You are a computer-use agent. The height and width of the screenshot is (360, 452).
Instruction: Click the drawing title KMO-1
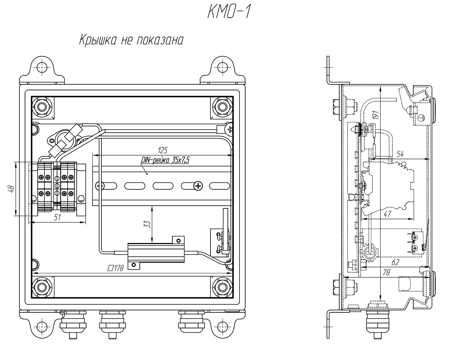(x=229, y=13)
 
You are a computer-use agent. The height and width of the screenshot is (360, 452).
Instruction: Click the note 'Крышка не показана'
(x=131, y=40)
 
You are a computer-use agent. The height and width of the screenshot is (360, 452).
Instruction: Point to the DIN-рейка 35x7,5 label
(x=165, y=160)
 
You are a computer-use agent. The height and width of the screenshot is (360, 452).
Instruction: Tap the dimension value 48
(x=11, y=189)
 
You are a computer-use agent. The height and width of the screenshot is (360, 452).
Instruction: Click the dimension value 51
(x=57, y=218)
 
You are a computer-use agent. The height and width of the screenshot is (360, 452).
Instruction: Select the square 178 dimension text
(x=115, y=268)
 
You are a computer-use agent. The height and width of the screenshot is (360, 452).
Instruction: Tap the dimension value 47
(x=387, y=214)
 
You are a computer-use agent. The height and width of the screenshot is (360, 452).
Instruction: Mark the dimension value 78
(x=386, y=272)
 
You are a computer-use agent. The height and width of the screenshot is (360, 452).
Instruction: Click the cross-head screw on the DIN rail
(x=198, y=186)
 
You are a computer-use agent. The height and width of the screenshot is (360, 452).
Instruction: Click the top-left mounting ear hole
(x=42, y=67)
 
